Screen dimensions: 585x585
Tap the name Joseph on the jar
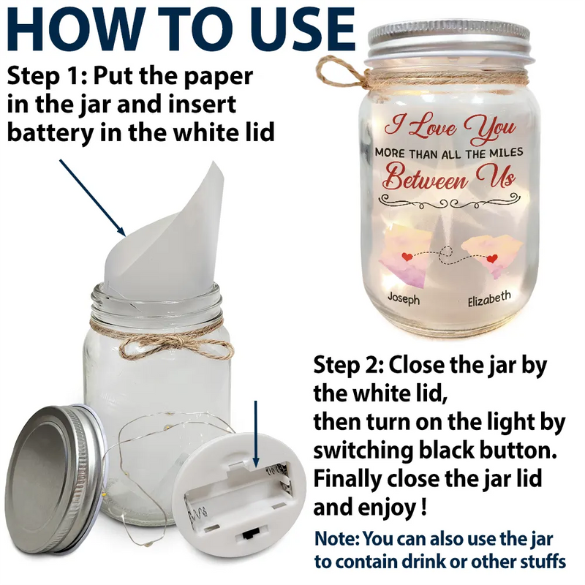pyautogui.click(x=404, y=299)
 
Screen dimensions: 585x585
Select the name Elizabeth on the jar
pyautogui.click(x=489, y=298)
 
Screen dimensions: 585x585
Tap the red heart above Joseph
pyautogui.click(x=407, y=257)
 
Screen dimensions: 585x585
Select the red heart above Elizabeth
pyautogui.click(x=492, y=258)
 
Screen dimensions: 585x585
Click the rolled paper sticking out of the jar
pyautogui.click(x=164, y=231)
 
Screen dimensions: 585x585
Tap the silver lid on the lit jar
pyautogui.click(x=448, y=40)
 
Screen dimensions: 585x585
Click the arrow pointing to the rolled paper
pyautogui.click(x=93, y=197)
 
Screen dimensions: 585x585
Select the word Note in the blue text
pyautogui.click(x=336, y=539)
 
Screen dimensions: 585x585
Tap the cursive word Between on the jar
pyautogui.click(x=426, y=179)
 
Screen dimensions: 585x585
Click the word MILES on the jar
pyautogui.click(x=506, y=152)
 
